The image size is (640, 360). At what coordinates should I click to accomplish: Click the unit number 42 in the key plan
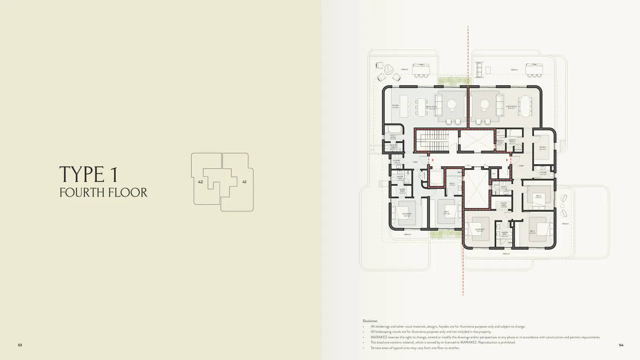pyautogui.click(x=200, y=181)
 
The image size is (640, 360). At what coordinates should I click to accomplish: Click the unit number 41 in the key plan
pyautogui.click(x=244, y=181)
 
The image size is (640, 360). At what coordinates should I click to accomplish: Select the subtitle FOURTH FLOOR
pyautogui.click(x=103, y=192)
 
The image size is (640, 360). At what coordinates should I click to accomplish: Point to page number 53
pyautogui.click(x=20, y=345)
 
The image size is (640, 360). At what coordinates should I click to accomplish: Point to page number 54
pyautogui.click(x=621, y=345)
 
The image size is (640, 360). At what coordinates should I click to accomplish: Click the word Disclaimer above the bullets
pyautogui.click(x=370, y=321)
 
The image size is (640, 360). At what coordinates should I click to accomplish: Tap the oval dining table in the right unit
pyautogui.click(x=525, y=106)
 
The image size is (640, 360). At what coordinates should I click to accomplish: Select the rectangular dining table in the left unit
pyautogui.click(x=421, y=106)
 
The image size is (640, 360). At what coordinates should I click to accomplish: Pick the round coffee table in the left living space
pyautogui.click(x=452, y=104)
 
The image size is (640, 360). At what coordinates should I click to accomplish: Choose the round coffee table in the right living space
pyautogui.click(x=485, y=104)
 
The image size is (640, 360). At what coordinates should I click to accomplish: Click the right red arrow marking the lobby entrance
pyautogui.click(x=508, y=159)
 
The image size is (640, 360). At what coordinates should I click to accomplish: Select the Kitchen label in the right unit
pyautogui.click(x=542, y=147)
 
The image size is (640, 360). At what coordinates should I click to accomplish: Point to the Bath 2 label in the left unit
pyautogui.click(x=452, y=185)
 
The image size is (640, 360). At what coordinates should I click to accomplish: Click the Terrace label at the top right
pyautogui.click(x=514, y=70)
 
